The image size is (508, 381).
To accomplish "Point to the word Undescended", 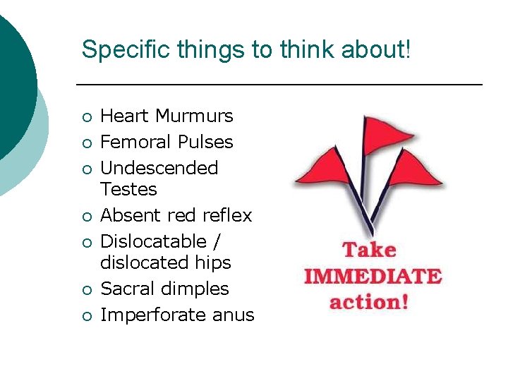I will click(159, 168).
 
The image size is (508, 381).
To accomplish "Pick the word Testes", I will click(129, 189).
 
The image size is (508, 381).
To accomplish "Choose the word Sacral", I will click(130, 289).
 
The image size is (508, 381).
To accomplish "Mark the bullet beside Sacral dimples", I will click(85, 290).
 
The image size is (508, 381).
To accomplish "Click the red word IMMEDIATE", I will click(372, 276).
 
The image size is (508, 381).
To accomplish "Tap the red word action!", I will click(370, 302).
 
